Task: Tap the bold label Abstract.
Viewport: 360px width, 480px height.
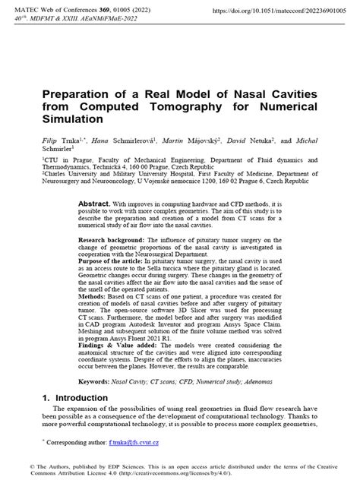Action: pyautogui.click(x=95, y=184)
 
